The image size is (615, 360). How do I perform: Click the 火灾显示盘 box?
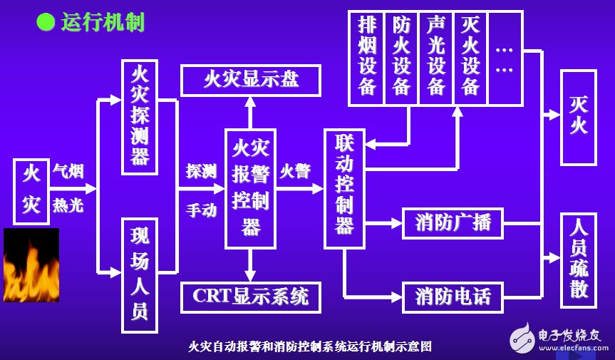pyautogui.click(x=251, y=81)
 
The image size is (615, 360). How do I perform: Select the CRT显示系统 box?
pyautogui.click(x=251, y=297)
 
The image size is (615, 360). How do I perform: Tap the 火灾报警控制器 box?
pyautogui.click(x=251, y=189)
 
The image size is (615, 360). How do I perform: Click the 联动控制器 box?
pyautogui.click(x=345, y=189)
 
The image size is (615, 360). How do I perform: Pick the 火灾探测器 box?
pyautogui.click(x=140, y=117)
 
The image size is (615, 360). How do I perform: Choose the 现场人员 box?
pyautogui.click(x=140, y=275)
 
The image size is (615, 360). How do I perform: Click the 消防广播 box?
pyautogui.click(x=453, y=224)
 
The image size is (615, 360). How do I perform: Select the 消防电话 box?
pyautogui.click(x=453, y=297)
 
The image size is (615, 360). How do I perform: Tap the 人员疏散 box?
pyautogui.click(x=579, y=260)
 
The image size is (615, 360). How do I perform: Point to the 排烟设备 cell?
pyautogui.click(x=367, y=58)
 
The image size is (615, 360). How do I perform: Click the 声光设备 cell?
pyautogui.click(x=435, y=58)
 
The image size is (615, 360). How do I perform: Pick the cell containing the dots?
pyautogui.click(x=505, y=58)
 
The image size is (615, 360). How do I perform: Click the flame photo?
pyautogui.click(x=31, y=265)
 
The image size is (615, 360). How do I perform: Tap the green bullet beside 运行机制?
pyautogui.click(x=46, y=22)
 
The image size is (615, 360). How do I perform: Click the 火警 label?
pyautogui.click(x=295, y=171)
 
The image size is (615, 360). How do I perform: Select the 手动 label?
pyautogui.click(x=201, y=210)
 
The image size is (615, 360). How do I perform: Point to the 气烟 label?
pyautogui.click(x=68, y=171)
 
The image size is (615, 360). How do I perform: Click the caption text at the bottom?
pyautogui.click(x=310, y=346)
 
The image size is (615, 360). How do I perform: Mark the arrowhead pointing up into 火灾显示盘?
pyautogui.click(x=250, y=102)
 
